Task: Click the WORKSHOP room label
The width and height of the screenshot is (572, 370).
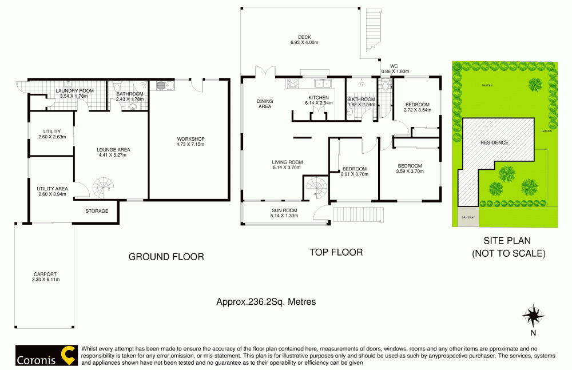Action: (190, 139)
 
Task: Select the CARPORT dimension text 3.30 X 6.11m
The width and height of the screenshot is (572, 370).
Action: (46, 280)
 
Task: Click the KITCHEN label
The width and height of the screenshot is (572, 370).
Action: (318, 98)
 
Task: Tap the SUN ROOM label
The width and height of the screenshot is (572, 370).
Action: (284, 210)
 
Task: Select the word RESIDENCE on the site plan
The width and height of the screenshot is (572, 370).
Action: (494, 142)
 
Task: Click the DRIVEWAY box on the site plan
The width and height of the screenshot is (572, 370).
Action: (468, 217)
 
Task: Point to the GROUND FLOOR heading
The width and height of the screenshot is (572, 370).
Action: (166, 257)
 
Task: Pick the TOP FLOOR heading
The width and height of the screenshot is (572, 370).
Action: (336, 252)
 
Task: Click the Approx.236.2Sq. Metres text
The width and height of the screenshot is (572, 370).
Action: (266, 301)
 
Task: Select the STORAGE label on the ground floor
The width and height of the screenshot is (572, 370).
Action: (97, 211)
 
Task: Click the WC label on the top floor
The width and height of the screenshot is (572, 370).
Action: (394, 66)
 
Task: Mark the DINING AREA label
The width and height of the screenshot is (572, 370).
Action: (264, 104)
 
